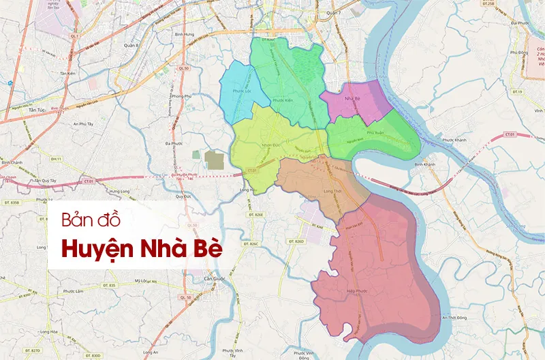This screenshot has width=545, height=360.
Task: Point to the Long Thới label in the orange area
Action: (x=332, y=191)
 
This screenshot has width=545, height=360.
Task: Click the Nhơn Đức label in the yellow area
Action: (x=271, y=145)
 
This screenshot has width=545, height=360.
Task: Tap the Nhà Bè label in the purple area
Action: (x=352, y=100)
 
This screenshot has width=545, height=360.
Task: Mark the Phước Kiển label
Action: (x=282, y=101)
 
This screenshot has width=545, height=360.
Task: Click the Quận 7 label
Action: (x=333, y=13)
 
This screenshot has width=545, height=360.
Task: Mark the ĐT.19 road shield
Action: (x=516, y=91)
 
